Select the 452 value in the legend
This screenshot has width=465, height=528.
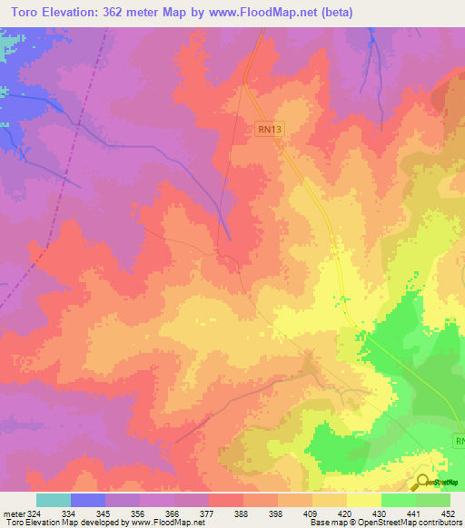[449, 513]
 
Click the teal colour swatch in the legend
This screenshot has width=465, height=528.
[54, 500]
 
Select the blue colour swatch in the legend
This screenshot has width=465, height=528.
[88, 500]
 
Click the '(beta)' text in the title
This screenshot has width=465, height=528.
[333, 13]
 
